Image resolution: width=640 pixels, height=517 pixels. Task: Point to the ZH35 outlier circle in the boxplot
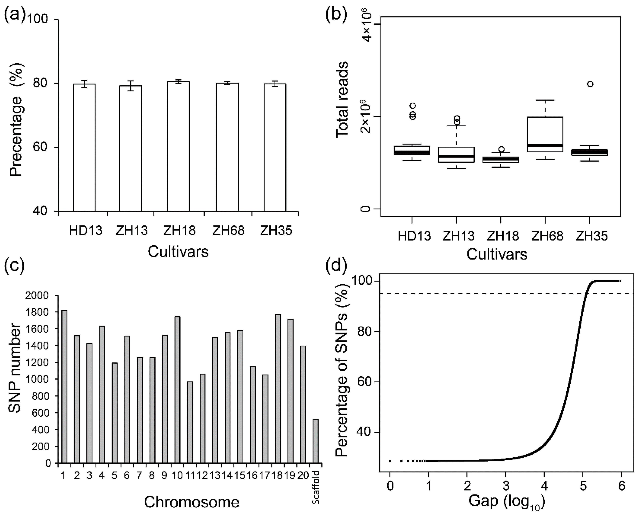click(x=590, y=84)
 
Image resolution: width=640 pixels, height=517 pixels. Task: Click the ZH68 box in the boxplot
click(x=545, y=134)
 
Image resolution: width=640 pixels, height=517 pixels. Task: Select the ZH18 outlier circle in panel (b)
click(x=501, y=149)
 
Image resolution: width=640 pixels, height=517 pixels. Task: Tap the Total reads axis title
click(x=342, y=100)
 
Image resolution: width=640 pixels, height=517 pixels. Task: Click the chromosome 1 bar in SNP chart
click(x=64, y=387)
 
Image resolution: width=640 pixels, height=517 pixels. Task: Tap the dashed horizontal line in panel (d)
click(x=506, y=294)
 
